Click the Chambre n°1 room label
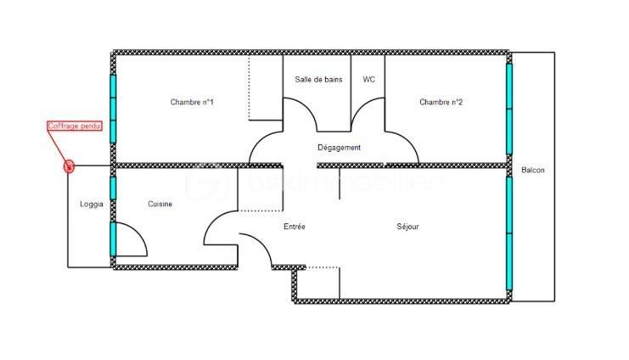(x=191, y=103)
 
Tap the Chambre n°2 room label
(x=441, y=103)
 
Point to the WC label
(x=368, y=79)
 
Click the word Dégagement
(x=339, y=148)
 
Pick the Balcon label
(x=533, y=171)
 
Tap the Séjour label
(x=407, y=227)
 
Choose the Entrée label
(x=294, y=227)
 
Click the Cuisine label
(x=160, y=204)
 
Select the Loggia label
(x=92, y=204)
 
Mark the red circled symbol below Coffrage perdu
(x=70, y=166)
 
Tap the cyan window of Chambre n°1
(x=112, y=108)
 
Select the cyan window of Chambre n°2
(x=509, y=108)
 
